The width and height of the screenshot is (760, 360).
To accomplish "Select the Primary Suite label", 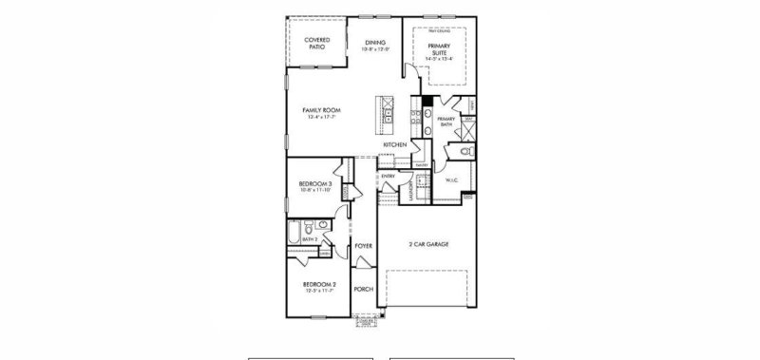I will [439, 48].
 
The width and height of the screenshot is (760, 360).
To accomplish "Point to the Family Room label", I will [322, 110].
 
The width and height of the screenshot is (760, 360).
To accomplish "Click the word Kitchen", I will [395, 144].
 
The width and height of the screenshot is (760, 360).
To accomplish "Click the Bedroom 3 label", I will [314, 183].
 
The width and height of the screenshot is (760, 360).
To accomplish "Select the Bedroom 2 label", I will [318, 284].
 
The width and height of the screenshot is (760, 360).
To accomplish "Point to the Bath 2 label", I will [309, 240].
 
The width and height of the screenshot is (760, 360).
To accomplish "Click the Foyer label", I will [363, 246].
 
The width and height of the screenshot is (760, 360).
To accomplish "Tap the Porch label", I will [363, 289].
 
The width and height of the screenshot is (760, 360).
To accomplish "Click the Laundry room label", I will [410, 185].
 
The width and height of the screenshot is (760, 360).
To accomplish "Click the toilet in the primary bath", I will [465, 151].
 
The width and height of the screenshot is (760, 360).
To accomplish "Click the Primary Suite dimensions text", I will [439, 59].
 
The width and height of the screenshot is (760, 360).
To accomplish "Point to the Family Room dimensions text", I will [322, 118].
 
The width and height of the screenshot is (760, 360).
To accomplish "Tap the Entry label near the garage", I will [388, 176].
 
